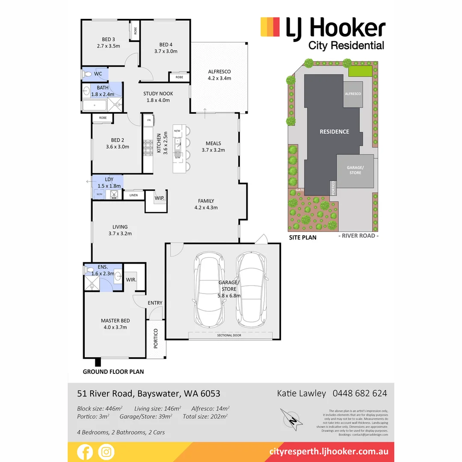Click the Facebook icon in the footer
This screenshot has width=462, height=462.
point(84,452)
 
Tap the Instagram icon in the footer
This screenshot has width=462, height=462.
point(106,452)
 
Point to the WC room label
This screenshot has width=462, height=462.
point(98,74)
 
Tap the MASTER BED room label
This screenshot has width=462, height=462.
point(115,320)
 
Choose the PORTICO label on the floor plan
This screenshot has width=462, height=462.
point(156,338)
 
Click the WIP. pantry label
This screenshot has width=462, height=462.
point(160,198)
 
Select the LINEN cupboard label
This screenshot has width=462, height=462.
point(133,195)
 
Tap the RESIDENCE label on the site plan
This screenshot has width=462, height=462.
point(335,131)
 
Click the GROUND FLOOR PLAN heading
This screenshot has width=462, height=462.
point(113,372)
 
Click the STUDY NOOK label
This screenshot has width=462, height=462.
point(158,94)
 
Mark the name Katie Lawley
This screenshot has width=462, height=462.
point(302,393)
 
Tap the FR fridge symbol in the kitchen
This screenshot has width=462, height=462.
point(149,121)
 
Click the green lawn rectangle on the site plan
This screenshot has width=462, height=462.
point(360,71)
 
